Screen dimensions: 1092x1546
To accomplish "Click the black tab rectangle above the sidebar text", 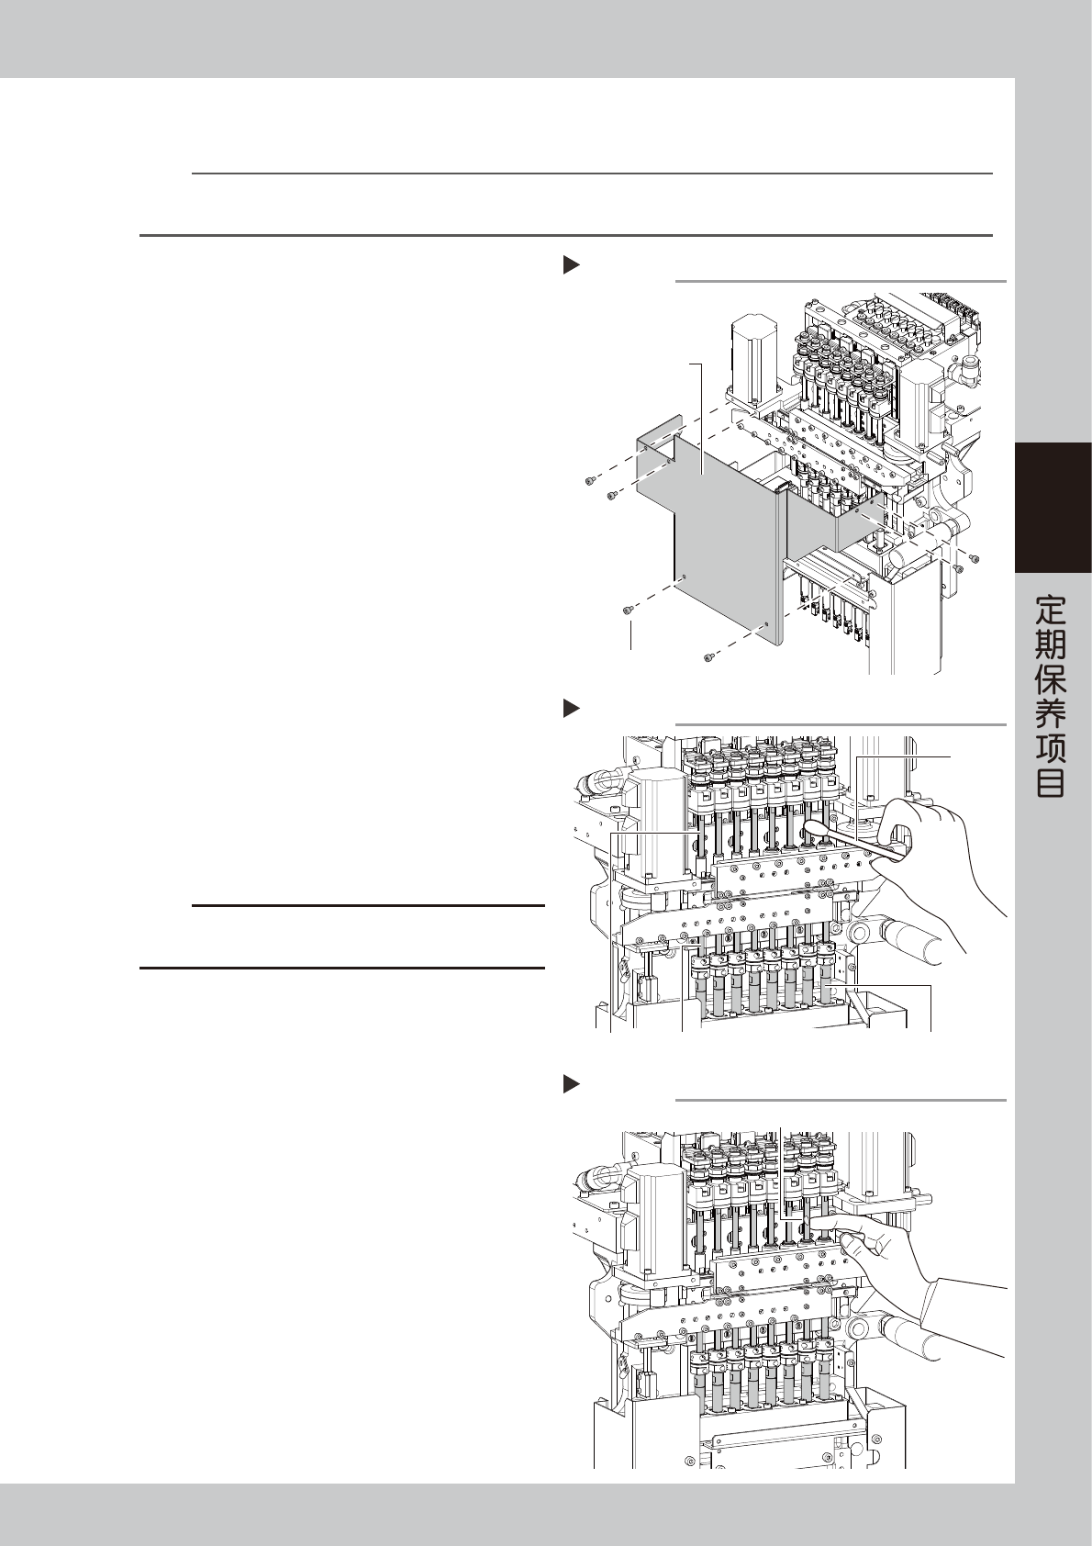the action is click(x=1053, y=508).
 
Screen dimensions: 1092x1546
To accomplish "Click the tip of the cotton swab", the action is click(x=811, y=831).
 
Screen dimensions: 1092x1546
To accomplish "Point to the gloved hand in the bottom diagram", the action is click(x=881, y=1253).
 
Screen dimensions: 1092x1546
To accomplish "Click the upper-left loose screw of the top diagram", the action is click(x=589, y=479).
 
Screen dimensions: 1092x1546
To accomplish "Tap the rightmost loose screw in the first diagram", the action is click(x=974, y=557).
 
